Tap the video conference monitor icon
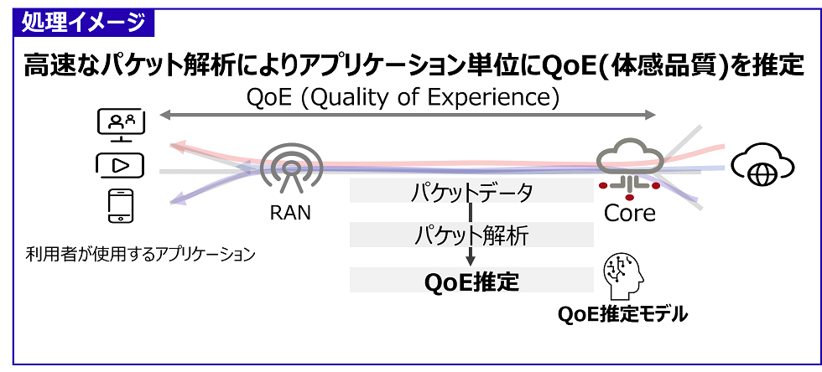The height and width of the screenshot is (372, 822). point(121,124)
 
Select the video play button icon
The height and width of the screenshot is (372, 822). point(121,165)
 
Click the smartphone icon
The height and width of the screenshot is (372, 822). point(121,206)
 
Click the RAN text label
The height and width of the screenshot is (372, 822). point(289,213)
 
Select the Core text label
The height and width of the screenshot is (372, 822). point(629,213)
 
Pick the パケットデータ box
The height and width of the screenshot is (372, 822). point(471,193)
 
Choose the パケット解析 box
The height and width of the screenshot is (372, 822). point(471,235)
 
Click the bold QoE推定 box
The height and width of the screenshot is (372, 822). point(471,280)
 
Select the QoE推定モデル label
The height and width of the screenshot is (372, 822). point(624,315)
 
